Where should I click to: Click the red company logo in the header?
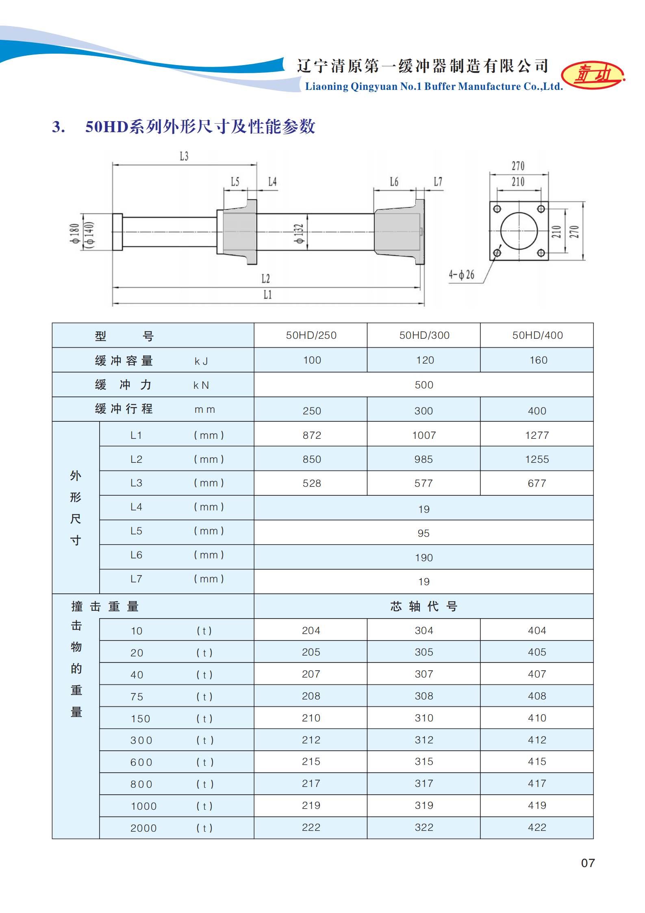click(x=593, y=75)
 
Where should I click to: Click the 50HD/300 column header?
click(x=424, y=336)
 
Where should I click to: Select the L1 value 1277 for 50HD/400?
click(x=537, y=436)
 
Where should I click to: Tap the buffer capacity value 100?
click(x=312, y=360)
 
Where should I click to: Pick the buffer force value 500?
click(x=423, y=385)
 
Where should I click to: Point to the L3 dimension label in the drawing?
click(x=184, y=156)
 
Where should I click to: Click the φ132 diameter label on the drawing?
click(x=299, y=234)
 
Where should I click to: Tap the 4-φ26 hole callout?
click(x=461, y=275)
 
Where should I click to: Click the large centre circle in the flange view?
click(x=519, y=231)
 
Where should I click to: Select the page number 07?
click(x=588, y=863)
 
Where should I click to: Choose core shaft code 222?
click(x=311, y=828)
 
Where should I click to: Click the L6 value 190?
click(x=423, y=558)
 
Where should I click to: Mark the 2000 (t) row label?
click(x=143, y=828)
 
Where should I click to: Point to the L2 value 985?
click(x=423, y=460)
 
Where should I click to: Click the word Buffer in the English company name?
click(x=439, y=87)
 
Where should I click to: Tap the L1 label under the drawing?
click(x=267, y=295)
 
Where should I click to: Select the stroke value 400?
click(x=537, y=411)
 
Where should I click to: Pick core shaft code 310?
click(x=424, y=718)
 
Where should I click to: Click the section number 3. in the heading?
click(x=59, y=127)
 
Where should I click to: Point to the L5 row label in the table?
click(x=136, y=531)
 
